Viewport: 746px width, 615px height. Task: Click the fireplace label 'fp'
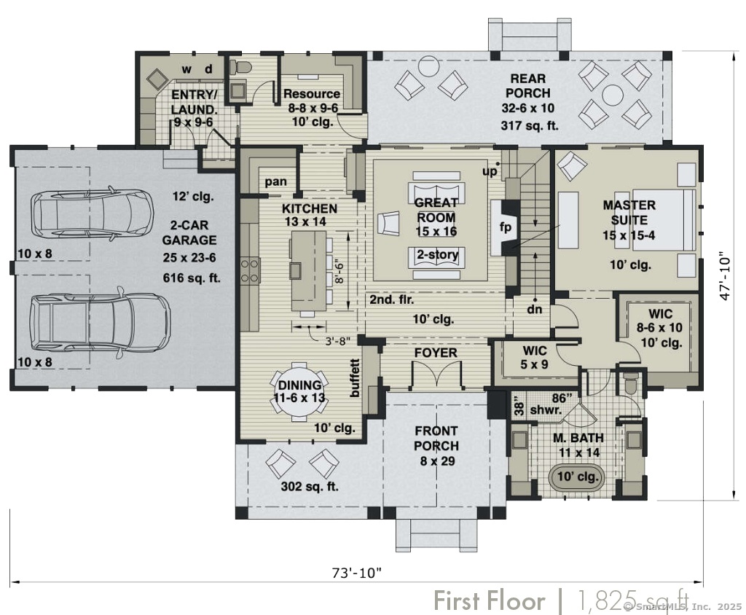pyautogui.click(x=505, y=227)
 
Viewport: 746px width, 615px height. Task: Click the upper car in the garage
pyautogui.click(x=93, y=214)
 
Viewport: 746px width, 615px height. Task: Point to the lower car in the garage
pyautogui.click(x=100, y=322)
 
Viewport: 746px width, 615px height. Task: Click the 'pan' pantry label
pyautogui.click(x=275, y=181)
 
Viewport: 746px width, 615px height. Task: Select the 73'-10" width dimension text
pyautogui.click(x=356, y=572)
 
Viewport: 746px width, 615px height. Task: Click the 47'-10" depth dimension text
pyautogui.click(x=725, y=275)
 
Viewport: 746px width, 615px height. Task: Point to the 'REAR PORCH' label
pyautogui.click(x=527, y=86)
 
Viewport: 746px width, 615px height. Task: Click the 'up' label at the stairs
pyautogui.click(x=490, y=171)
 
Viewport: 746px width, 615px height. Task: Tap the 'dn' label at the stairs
pyautogui.click(x=534, y=310)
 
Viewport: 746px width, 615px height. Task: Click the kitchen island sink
pyautogui.click(x=295, y=270)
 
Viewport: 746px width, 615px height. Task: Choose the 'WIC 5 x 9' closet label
pyautogui.click(x=535, y=358)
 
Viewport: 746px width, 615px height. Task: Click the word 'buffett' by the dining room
pyautogui.click(x=355, y=378)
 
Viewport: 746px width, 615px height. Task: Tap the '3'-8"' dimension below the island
pyautogui.click(x=337, y=341)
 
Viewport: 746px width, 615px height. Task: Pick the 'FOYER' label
pyautogui.click(x=436, y=353)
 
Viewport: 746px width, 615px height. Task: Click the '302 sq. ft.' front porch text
pyautogui.click(x=310, y=487)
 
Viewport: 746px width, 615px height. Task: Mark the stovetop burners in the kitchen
pyautogui.click(x=251, y=270)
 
